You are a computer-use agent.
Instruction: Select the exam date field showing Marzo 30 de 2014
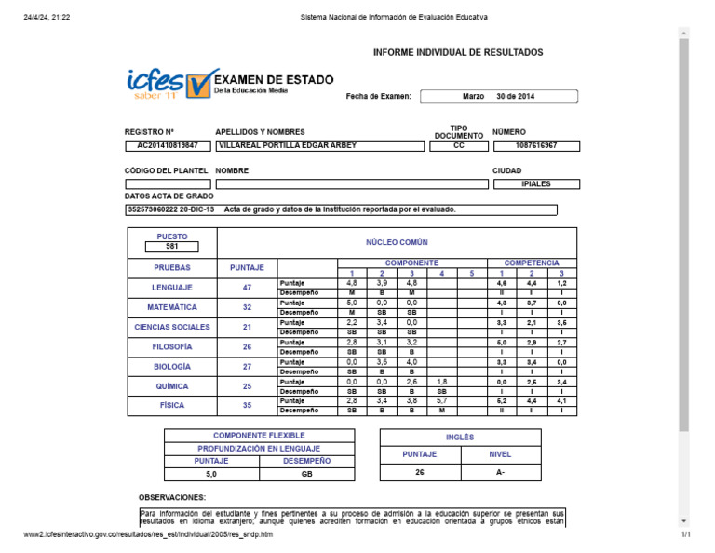coord(498,96)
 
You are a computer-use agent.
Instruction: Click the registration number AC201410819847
coord(168,146)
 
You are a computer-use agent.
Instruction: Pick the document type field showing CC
coord(458,146)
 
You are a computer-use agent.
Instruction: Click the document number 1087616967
coord(536,146)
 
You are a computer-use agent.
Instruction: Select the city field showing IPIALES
coord(536,184)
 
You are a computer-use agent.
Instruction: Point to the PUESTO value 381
coord(172,247)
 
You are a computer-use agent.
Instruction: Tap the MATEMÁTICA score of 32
coord(247,307)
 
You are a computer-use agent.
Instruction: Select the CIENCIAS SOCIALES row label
coord(172,327)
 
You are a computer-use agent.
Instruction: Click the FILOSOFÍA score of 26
coord(247,346)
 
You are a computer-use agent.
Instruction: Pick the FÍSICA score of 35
coord(247,406)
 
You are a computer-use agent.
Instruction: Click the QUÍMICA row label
coord(172,386)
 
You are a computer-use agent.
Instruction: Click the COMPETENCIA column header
coord(532,263)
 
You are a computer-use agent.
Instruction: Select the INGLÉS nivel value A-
coord(500,472)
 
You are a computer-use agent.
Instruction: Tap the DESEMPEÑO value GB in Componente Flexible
coord(306,474)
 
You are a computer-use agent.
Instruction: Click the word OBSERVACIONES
coord(172,498)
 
